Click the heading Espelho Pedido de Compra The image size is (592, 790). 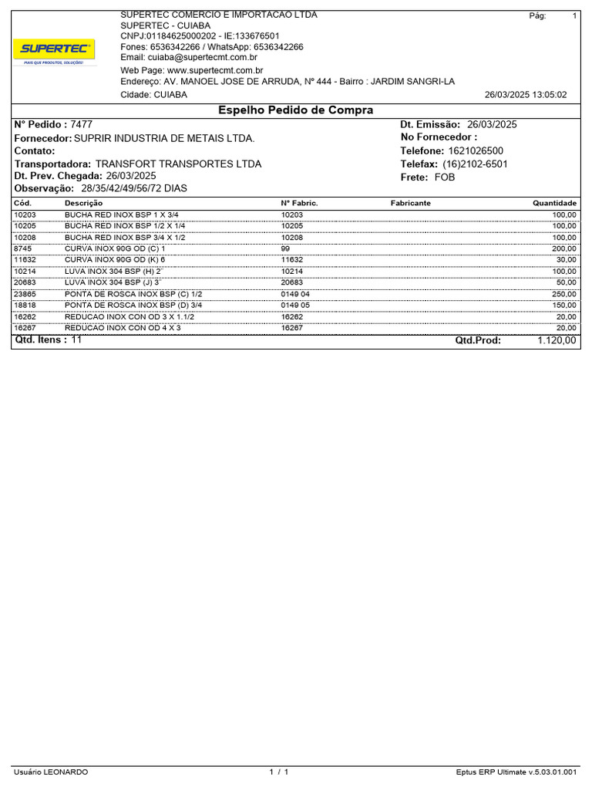click(x=296, y=110)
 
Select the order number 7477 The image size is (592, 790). click(x=82, y=124)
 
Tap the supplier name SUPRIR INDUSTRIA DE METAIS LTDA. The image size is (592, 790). click(x=163, y=138)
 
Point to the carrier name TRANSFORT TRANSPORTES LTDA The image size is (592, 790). click(x=178, y=164)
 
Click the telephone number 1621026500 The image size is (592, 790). click(x=475, y=151)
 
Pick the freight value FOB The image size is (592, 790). click(x=445, y=177)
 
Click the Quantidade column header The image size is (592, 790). click(x=554, y=203)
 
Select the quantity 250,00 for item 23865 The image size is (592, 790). click(x=563, y=294)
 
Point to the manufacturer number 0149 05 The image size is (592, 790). click(x=295, y=306)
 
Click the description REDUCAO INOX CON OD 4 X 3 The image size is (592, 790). click(x=123, y=328)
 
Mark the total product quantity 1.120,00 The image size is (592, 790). click(x=557, y=340)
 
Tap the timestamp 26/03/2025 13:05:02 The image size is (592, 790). click(x=525, y=95)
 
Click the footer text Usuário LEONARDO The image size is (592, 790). click(x=51, y=772)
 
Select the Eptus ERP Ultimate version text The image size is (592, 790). click(x=516, y=772)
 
